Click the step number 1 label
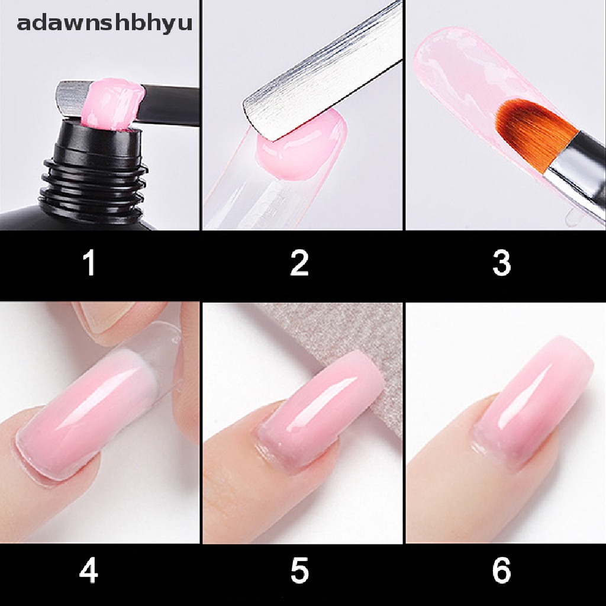(89, 263)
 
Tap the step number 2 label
(299, 263)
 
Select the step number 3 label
(501, 263)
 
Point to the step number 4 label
(89, 572)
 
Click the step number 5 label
(299, 572)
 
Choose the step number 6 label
(501, 572)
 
